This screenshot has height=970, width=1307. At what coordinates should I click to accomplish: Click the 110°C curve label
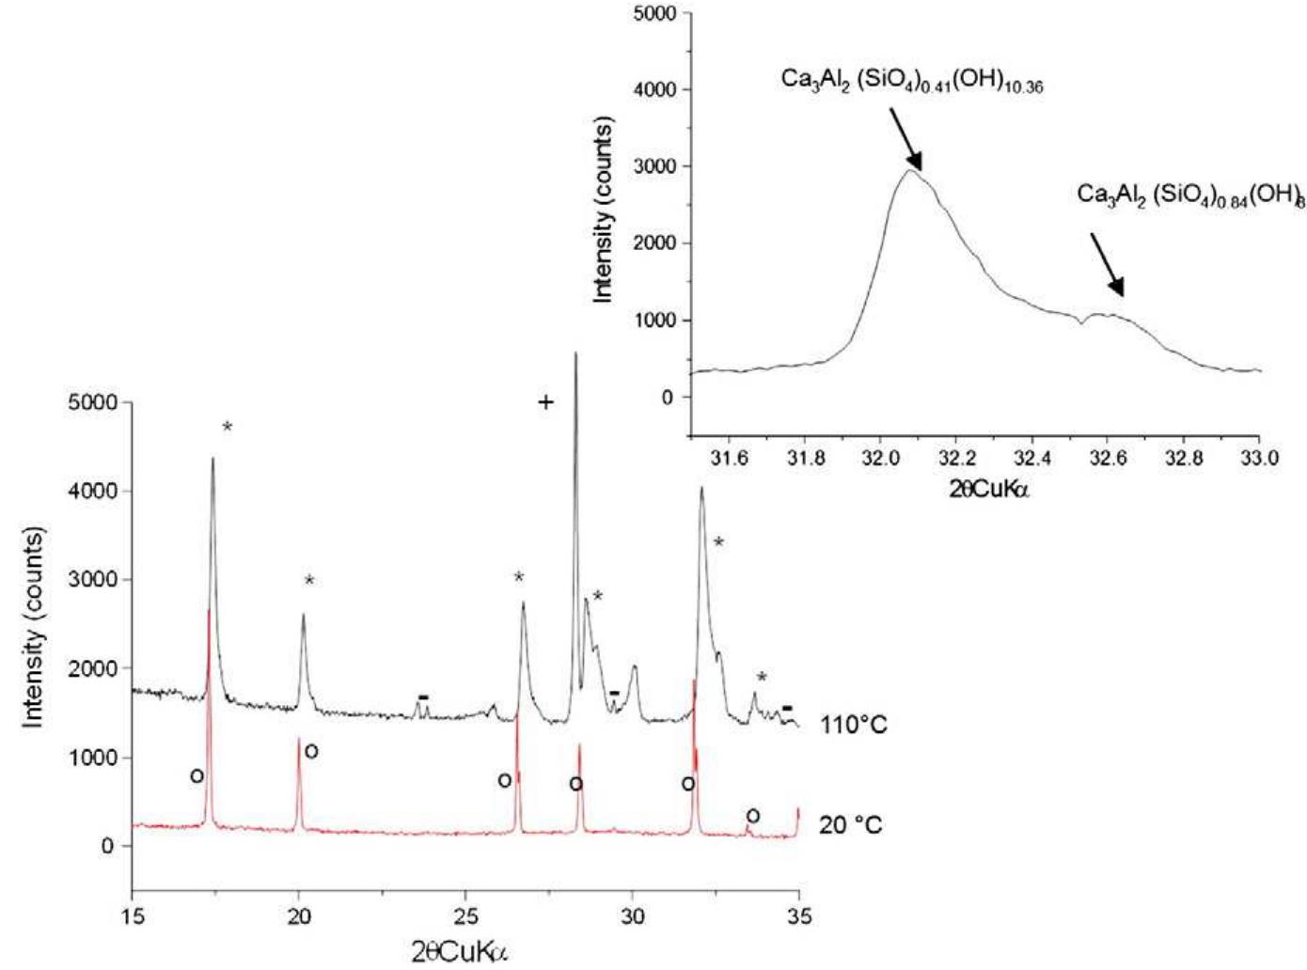[853, 725]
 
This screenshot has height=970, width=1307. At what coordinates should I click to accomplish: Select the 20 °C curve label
[851, 825]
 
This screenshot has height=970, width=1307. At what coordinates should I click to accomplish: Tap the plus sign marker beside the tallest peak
[545, 402]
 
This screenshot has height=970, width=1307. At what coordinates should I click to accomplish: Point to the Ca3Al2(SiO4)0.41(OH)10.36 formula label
[911, 80]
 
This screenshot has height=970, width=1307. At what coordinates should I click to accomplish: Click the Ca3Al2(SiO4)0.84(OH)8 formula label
[1190, 196]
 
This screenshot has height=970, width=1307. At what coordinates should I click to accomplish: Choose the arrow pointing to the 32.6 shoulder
[1107, 264]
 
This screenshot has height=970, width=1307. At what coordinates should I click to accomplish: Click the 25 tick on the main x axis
[465, 914]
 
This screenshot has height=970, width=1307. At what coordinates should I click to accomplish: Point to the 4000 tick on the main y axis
[97, 491]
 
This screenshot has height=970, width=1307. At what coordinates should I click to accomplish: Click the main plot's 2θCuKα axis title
[461, 951]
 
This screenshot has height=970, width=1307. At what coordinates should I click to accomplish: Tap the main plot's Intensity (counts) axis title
[35, 627]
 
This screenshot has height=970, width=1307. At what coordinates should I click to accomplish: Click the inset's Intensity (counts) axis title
[604, 210]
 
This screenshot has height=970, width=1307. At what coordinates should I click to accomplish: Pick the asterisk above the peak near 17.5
[227, 428]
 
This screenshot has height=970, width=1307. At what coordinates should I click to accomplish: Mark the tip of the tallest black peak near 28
[575, 353]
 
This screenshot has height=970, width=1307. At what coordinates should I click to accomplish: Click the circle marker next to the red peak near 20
[311, 751]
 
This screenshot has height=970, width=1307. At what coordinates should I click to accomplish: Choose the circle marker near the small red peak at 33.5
[752, 816]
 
